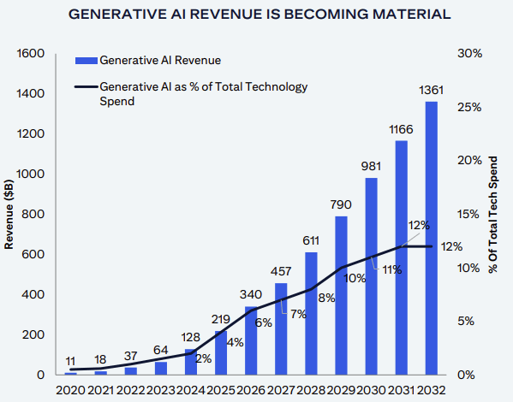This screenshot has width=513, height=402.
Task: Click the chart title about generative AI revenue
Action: pos(256,15)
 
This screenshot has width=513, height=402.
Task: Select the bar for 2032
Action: pos(431,239)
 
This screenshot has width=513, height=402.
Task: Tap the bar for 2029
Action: pos(341,295)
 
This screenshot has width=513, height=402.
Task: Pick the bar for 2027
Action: pos(281,328)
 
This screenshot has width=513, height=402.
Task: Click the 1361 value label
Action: pos(431,91)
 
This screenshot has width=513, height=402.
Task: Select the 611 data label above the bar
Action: pos(311,240)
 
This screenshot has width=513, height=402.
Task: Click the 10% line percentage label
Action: pos(355,278)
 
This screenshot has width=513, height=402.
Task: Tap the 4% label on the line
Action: pos(236,343)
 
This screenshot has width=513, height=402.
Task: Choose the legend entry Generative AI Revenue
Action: pos(160,61)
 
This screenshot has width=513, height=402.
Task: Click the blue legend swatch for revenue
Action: pos(86,61)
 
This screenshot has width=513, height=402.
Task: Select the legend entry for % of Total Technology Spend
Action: pos(204,93)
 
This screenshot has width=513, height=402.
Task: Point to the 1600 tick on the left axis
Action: pos(29,53)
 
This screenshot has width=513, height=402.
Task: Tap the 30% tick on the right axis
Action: pos(470,53)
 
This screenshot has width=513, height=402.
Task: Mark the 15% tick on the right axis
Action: pos(470,214)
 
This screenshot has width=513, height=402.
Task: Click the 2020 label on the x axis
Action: pos(70,392)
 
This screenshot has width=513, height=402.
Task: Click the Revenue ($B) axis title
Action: pos(9,214)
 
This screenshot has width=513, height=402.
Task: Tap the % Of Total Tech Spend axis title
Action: pos(493,214)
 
